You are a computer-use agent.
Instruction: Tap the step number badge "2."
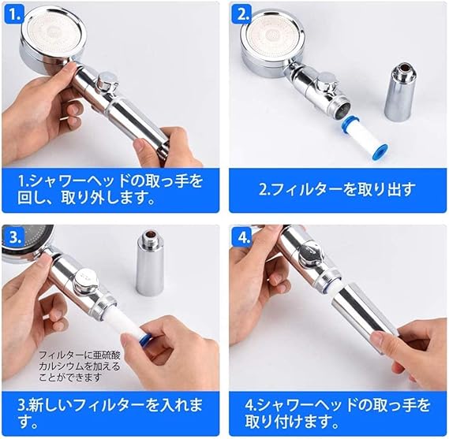pyautogui.click(x=243, y=15)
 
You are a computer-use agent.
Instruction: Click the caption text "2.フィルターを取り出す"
pyautogui.click(x=337, y=190)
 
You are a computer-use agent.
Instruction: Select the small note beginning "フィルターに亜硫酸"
pyautogui.click(x=80, y=366)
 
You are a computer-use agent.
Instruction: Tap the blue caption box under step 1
pyautogui.click(x=110, y=191)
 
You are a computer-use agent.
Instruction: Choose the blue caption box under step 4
pyautogui.click(x=338, y=414)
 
